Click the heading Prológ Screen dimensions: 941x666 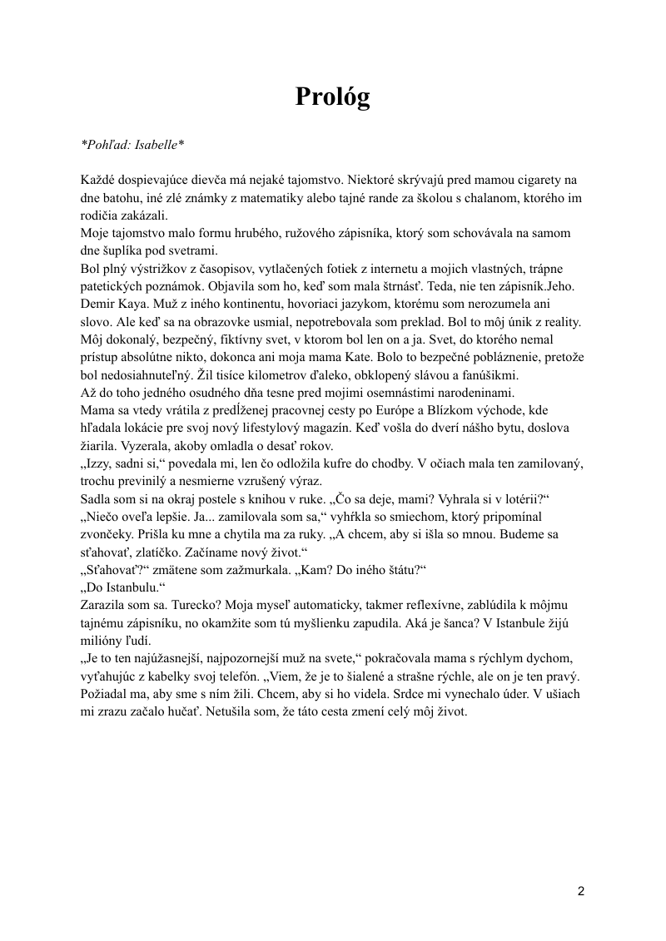click(x=332, y=97)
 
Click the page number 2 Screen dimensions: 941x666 click(x=580, y=891)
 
